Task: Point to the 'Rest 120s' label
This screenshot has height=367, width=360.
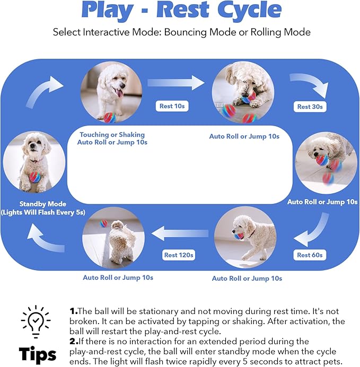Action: pyautogui.click(x=178, y=255)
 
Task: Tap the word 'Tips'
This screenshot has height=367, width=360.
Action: pyautogui.click(x=38, y=354)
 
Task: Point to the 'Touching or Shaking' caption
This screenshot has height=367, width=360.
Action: pyautogui.click(x=112, y=135)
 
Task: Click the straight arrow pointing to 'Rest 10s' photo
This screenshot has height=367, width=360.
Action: pyautogui.click(x=175, y=82)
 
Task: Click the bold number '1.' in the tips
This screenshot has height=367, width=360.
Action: pyautogui.click(x=74, y=312)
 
